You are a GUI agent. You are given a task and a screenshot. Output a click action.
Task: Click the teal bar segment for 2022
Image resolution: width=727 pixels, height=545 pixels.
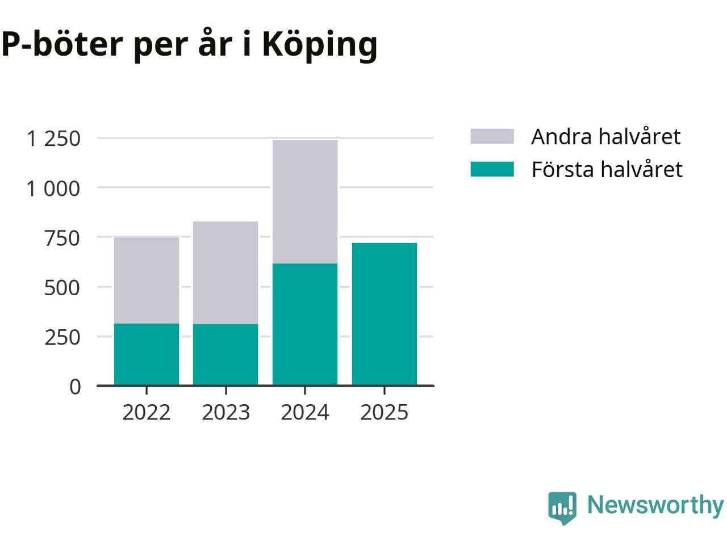coord(147,354)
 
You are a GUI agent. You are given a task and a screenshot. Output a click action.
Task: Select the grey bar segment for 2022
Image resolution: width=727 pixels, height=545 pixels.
coord(147,280)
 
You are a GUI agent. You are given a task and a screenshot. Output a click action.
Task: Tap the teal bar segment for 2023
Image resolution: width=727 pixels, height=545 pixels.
coord(225,354)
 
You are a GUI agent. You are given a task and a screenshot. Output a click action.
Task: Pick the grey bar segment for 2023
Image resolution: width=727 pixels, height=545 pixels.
coord(225,272)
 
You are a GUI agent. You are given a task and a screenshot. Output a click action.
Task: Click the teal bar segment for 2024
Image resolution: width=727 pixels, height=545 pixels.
coord(305,324)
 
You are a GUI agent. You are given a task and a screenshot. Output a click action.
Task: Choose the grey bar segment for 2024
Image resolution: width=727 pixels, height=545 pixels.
coord(305,202)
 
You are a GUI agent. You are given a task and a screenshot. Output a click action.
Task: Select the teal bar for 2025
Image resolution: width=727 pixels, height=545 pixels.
coord(385,314)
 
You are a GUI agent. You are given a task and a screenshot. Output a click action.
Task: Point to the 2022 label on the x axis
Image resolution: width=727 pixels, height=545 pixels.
coord(147,412)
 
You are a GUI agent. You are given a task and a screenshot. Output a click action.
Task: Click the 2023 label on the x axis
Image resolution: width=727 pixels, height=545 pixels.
coord(225,412)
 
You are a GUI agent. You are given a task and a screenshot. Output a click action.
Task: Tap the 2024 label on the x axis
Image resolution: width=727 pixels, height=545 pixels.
coord(305,412)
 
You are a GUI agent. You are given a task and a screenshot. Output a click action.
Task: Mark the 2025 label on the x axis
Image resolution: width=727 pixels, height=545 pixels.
coord(385,412)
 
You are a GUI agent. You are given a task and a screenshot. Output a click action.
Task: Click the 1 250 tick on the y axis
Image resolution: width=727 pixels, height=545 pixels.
coord(54,138)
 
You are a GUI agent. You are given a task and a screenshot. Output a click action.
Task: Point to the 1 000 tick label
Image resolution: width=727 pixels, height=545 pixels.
coord(54,188)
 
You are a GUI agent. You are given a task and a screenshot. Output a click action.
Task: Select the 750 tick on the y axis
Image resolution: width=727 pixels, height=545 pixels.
coord(62,238)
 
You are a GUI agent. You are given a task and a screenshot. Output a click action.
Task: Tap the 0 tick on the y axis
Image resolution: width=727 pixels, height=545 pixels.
coord(76,387)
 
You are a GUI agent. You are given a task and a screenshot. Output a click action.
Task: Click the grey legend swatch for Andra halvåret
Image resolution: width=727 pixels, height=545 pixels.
coord(492,136)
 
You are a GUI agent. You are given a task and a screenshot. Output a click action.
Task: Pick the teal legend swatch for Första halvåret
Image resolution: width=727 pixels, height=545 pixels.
coord(492,169)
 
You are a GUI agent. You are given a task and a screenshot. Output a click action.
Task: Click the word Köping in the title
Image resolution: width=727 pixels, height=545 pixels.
coord(320,44)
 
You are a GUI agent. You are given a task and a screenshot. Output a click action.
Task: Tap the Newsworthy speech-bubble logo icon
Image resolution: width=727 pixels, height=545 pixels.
coord(562,507)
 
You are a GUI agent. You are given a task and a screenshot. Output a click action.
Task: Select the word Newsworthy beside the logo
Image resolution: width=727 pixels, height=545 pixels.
coord(655,505)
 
